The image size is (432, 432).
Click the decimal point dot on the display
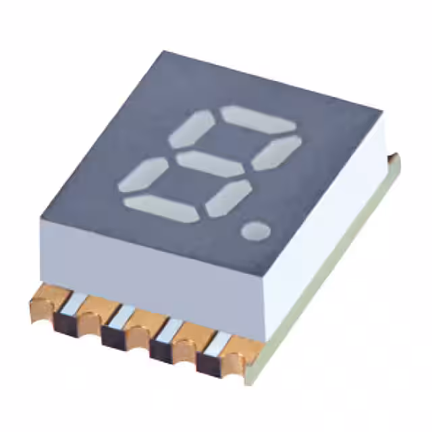[255, 231]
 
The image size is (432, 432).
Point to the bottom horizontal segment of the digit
[162, 207]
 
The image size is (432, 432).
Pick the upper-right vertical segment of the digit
[276, 153]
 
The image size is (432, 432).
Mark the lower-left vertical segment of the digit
[142, 175]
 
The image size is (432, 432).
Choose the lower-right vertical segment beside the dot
[228, 197]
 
